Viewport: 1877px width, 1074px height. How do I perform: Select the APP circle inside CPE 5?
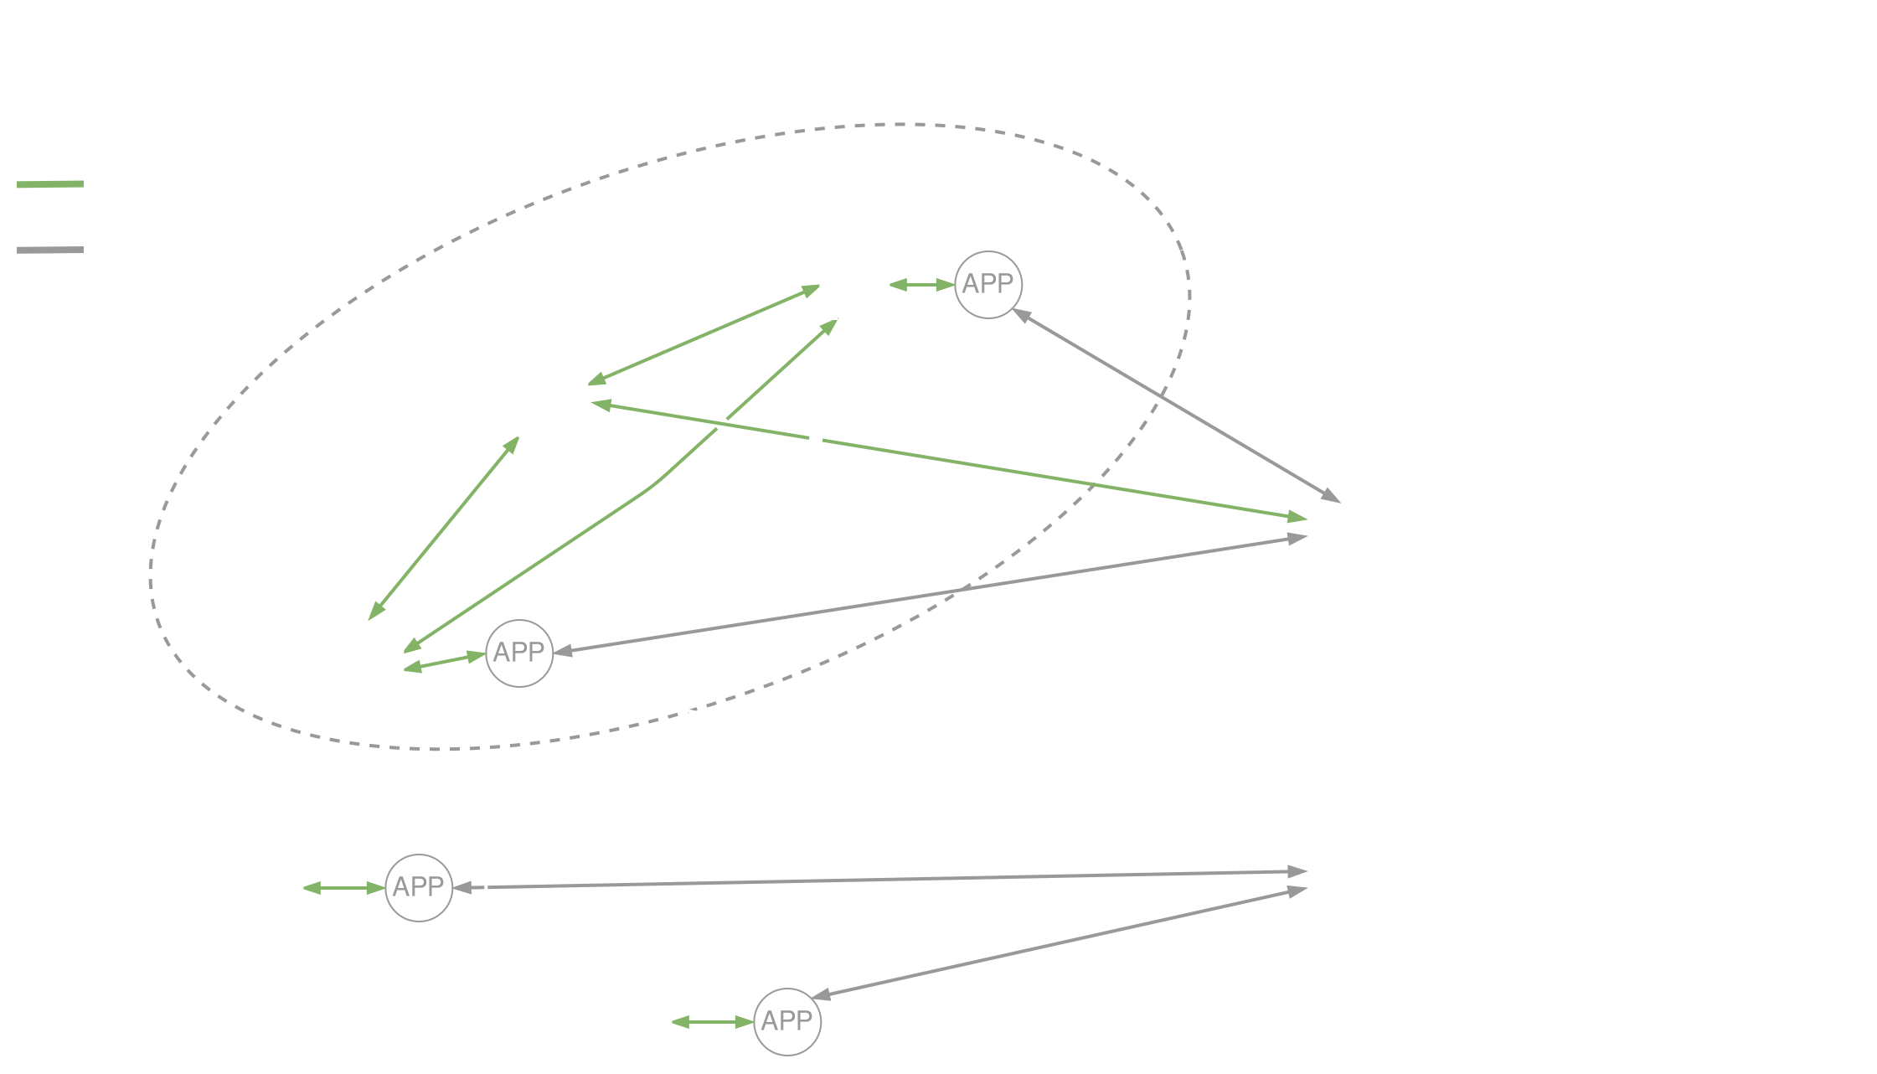click(988, 284)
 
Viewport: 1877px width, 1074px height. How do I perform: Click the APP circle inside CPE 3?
click(519, 653)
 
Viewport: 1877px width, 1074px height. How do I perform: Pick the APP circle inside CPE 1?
click(787, 1021)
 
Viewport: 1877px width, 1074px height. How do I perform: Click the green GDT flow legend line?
click(50, 183)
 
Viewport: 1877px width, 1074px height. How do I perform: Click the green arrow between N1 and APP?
click(713, 1022)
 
